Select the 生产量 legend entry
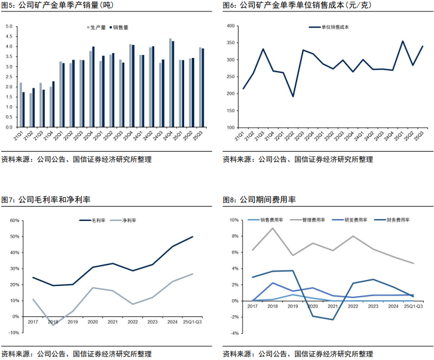97,27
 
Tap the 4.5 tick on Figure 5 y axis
8,37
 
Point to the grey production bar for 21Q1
20,105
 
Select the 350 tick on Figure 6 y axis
230,43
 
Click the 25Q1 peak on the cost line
403,41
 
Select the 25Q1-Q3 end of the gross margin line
192,236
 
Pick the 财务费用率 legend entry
398,220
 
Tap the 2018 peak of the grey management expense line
273,228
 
